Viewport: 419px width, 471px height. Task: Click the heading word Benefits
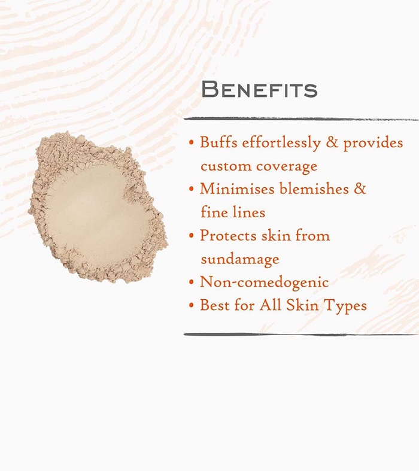tap(259, 89)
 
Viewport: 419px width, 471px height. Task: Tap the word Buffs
tap(218, 142)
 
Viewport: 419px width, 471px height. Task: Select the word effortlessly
tap(281, 143)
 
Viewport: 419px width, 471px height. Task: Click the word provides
tap(373, 143)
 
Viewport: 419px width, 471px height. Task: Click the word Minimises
tap(237, 189)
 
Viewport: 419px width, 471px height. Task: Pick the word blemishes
tap(314, 189)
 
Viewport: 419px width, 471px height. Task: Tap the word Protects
tap(228, 235)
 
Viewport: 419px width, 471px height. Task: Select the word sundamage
tap(240, 260)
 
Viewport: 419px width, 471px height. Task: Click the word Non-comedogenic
tap(265, 282)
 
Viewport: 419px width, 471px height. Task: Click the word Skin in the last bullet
tap(302, 305)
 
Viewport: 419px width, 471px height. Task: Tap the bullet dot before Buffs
tap(192, 142)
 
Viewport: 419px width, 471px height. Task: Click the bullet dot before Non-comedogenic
tap(192, 282)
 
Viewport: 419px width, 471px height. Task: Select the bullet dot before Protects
tap(192, 236)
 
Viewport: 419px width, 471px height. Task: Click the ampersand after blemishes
tap(360, 189)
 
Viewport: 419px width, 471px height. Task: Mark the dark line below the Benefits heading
tap(301, 119)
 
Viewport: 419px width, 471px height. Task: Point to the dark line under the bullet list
tap(301, 335)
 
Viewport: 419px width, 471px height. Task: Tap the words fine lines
tap(233, 212)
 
